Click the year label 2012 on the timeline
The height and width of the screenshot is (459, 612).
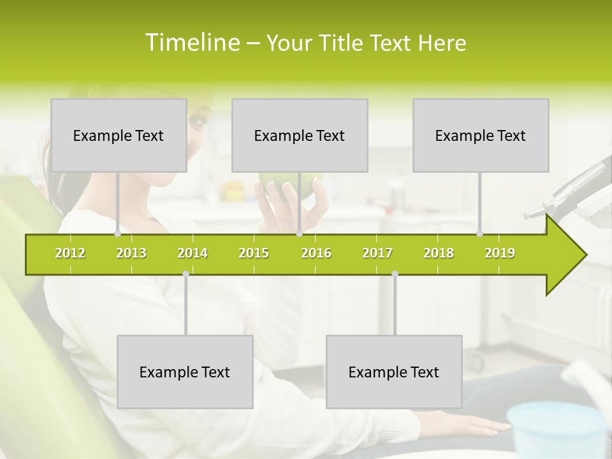tap(70, 253)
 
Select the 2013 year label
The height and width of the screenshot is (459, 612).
tap(131, 253)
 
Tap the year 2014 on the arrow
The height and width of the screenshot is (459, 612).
tap(193, 253)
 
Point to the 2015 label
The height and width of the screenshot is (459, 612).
tap(254, 253)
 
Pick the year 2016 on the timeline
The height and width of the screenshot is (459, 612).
tap(316, 253)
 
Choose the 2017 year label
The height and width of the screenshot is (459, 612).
tap(377, 253)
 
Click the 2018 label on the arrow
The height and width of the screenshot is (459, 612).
tap(439, 253)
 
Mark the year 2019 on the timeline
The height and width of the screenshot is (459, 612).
tap(500, 253)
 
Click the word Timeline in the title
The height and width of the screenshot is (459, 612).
tap(192, 43)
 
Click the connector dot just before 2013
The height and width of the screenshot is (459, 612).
tap(117, 234)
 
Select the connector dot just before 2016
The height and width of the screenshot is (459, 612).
tap(299, 234)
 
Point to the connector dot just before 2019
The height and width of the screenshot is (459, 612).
tap(479, 234)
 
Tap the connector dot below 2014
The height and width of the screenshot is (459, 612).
tap(186, 274)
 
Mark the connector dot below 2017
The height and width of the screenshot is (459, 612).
tap(395, 274)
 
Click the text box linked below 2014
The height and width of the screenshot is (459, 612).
tap(185, 372)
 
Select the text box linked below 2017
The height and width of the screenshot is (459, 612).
tap(394, 372)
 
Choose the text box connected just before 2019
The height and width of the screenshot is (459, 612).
tap(481, 135)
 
